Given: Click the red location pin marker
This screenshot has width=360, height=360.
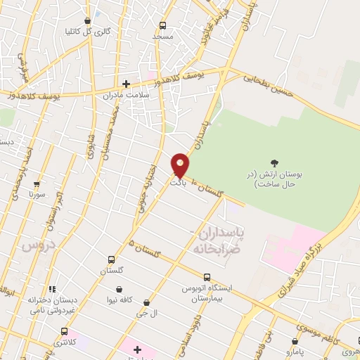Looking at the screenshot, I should (181, 165).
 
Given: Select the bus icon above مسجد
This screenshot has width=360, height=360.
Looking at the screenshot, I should (163, 22).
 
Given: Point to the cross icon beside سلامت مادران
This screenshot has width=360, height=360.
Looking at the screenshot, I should (127, 83).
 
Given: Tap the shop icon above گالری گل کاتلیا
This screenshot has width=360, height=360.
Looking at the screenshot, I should (87, 20).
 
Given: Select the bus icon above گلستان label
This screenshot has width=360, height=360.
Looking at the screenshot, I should (111, 259).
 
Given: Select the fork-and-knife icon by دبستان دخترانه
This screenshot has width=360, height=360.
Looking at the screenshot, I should (53, 288).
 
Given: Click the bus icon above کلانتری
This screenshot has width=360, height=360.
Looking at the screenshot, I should (65, 331).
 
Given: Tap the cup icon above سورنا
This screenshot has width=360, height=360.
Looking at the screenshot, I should (38, 184).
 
